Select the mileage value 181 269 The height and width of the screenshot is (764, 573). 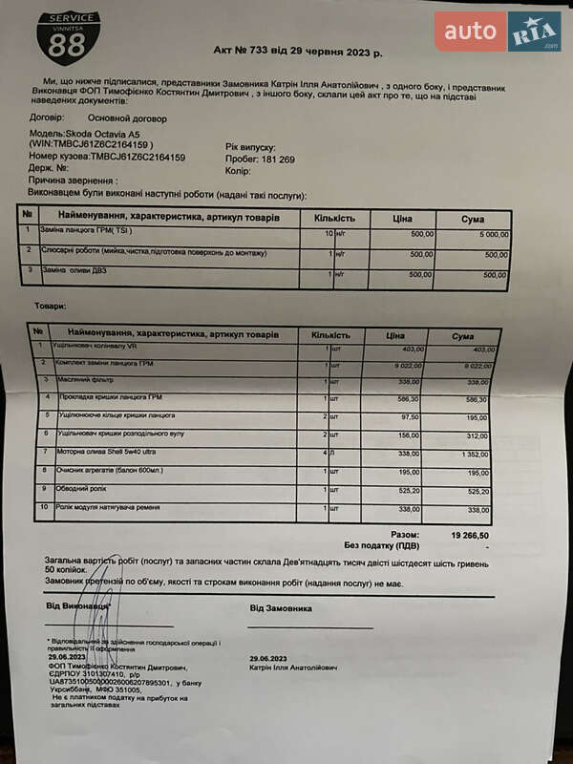pos(274,159)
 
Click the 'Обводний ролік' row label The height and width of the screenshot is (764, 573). pos(81,489)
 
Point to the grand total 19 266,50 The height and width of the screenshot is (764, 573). pos(469,536)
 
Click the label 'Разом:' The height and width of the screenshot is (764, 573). pos(405,536)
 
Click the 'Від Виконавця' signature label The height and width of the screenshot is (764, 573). pos(78,606)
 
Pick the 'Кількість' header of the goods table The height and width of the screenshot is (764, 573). pos(336,335)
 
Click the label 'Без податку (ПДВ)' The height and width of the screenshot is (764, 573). pos(382,545)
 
